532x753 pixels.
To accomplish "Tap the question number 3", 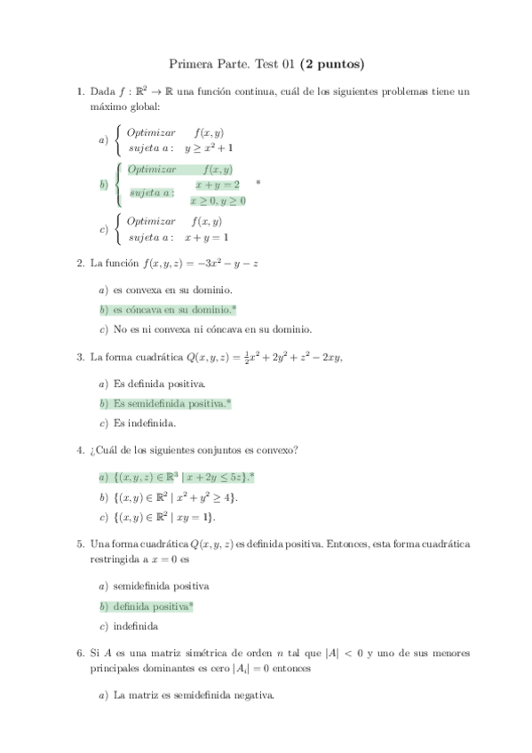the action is [x=81, y=357].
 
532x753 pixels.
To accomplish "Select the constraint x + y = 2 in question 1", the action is [x=218, y=185].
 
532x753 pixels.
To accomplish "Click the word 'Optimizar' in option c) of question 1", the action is [x=151, y=221].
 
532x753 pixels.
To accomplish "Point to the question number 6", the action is [x=81, y=652].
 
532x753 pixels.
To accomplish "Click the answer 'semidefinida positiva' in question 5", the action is [x=161, y=586].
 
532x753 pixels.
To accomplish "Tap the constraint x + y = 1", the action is [x=206, y=237].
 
